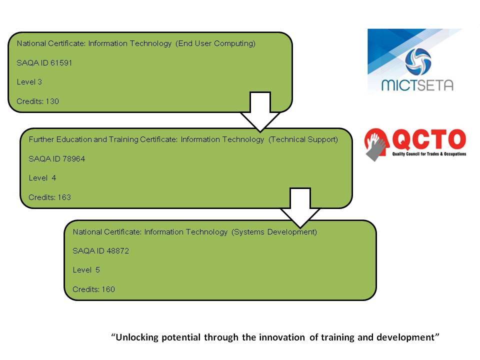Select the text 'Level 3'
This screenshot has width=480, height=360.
click(29, 82)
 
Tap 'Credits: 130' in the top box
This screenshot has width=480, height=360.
click(38, 101)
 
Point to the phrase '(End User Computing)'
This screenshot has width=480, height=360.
click(215, 43)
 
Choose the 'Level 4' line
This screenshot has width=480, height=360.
click(42, 178)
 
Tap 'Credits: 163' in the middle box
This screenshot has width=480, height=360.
click(50, 197)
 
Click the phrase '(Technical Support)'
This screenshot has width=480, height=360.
click(303, 139)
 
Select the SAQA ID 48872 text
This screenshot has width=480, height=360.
click(101, 251)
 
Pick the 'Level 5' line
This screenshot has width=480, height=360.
click(86, 270)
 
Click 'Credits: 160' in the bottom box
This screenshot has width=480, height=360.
click(94, 289)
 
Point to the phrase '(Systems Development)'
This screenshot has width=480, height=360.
click(274, 232)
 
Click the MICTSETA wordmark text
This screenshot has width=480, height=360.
click(417, 84)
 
